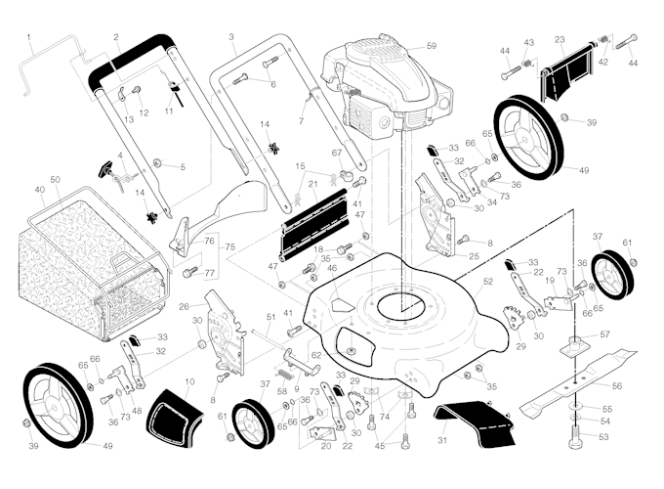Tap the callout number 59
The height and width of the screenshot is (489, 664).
tap(431, 46)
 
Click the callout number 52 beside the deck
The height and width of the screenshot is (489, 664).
tap(487, 281)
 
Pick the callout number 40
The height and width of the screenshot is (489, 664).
tap(39, 189)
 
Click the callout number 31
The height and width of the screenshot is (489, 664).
tap(442, 441)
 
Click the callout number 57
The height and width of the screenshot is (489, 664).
tap(604, 334)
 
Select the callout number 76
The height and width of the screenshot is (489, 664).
tap(209, 241)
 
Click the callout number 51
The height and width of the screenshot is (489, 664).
tap(270, 317)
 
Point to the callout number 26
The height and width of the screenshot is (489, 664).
tap(184, 306)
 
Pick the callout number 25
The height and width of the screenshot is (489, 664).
tap(473, 256)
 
